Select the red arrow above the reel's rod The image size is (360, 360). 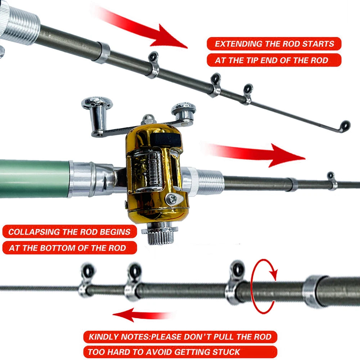(259, 154)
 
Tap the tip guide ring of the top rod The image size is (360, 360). (345, 125)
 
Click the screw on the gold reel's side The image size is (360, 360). (172, 199)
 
